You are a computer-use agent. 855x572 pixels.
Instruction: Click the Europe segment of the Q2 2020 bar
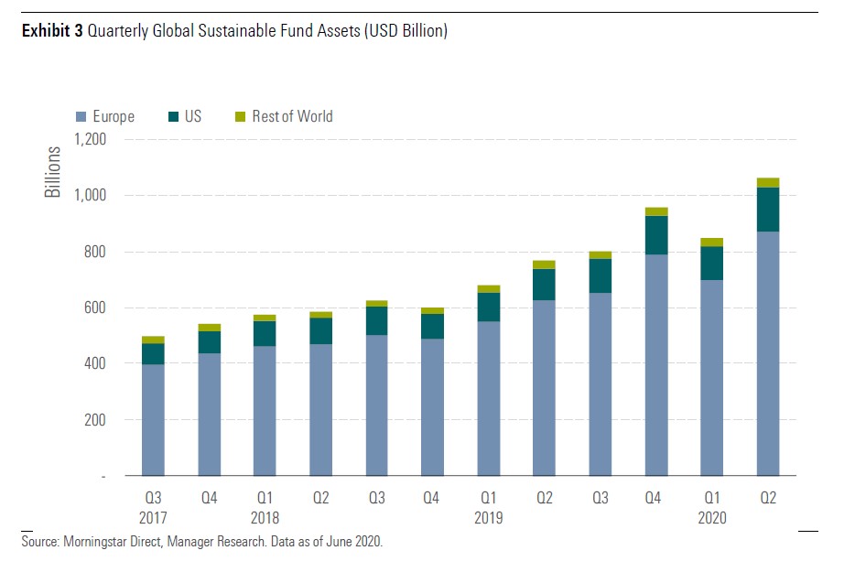(x=767, y=353)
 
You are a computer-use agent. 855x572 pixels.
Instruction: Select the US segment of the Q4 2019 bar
(x=656, y=235)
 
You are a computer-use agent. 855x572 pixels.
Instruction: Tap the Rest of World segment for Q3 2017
(x=154, y=340)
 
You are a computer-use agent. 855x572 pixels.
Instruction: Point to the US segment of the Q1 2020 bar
(x=712, y=264)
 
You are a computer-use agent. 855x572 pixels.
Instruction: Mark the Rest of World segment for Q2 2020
(x=767, y=183)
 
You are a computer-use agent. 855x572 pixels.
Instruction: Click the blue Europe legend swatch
(x=81, y=117)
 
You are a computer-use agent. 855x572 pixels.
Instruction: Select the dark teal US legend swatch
(x=173, y=117)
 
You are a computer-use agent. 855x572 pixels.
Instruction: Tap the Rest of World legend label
(x=292, y=116)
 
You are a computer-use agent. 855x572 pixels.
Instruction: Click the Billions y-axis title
(x=54, y=172)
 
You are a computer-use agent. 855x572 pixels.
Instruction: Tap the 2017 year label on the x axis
(x=154, y=517)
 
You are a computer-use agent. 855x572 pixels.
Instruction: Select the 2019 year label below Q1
(x=489, y=517)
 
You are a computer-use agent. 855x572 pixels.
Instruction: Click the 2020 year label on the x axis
(x=711, y=517)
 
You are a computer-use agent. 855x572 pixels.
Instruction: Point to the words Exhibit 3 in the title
(x=52, y=31)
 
